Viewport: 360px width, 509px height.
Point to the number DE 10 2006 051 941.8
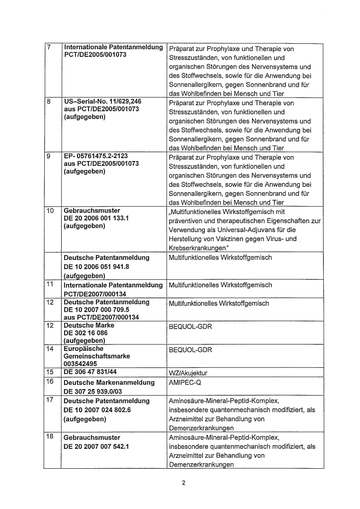pos(97,267)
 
